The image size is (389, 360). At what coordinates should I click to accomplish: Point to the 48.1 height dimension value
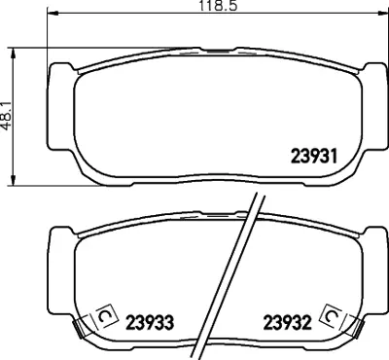(6, 115)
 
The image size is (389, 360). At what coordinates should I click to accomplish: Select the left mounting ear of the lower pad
(61, 243)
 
